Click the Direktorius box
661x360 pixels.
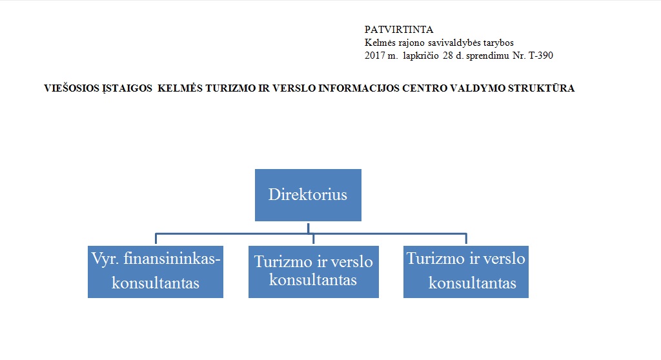click(308, 195)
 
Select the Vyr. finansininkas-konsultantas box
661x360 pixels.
click(156, 272)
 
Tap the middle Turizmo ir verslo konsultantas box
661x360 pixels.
click(314, 272)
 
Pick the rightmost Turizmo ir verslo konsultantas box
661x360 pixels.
click(466, 272)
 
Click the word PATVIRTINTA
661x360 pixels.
click(399, 30)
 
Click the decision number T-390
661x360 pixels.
click(541, 55)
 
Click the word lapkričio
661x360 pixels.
click(421, 55)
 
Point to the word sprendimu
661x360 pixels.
click(488, 55)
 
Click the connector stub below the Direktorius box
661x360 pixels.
click(308, 228)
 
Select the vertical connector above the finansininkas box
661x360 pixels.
click(156, 239)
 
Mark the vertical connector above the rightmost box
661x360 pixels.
click(466, 239)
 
